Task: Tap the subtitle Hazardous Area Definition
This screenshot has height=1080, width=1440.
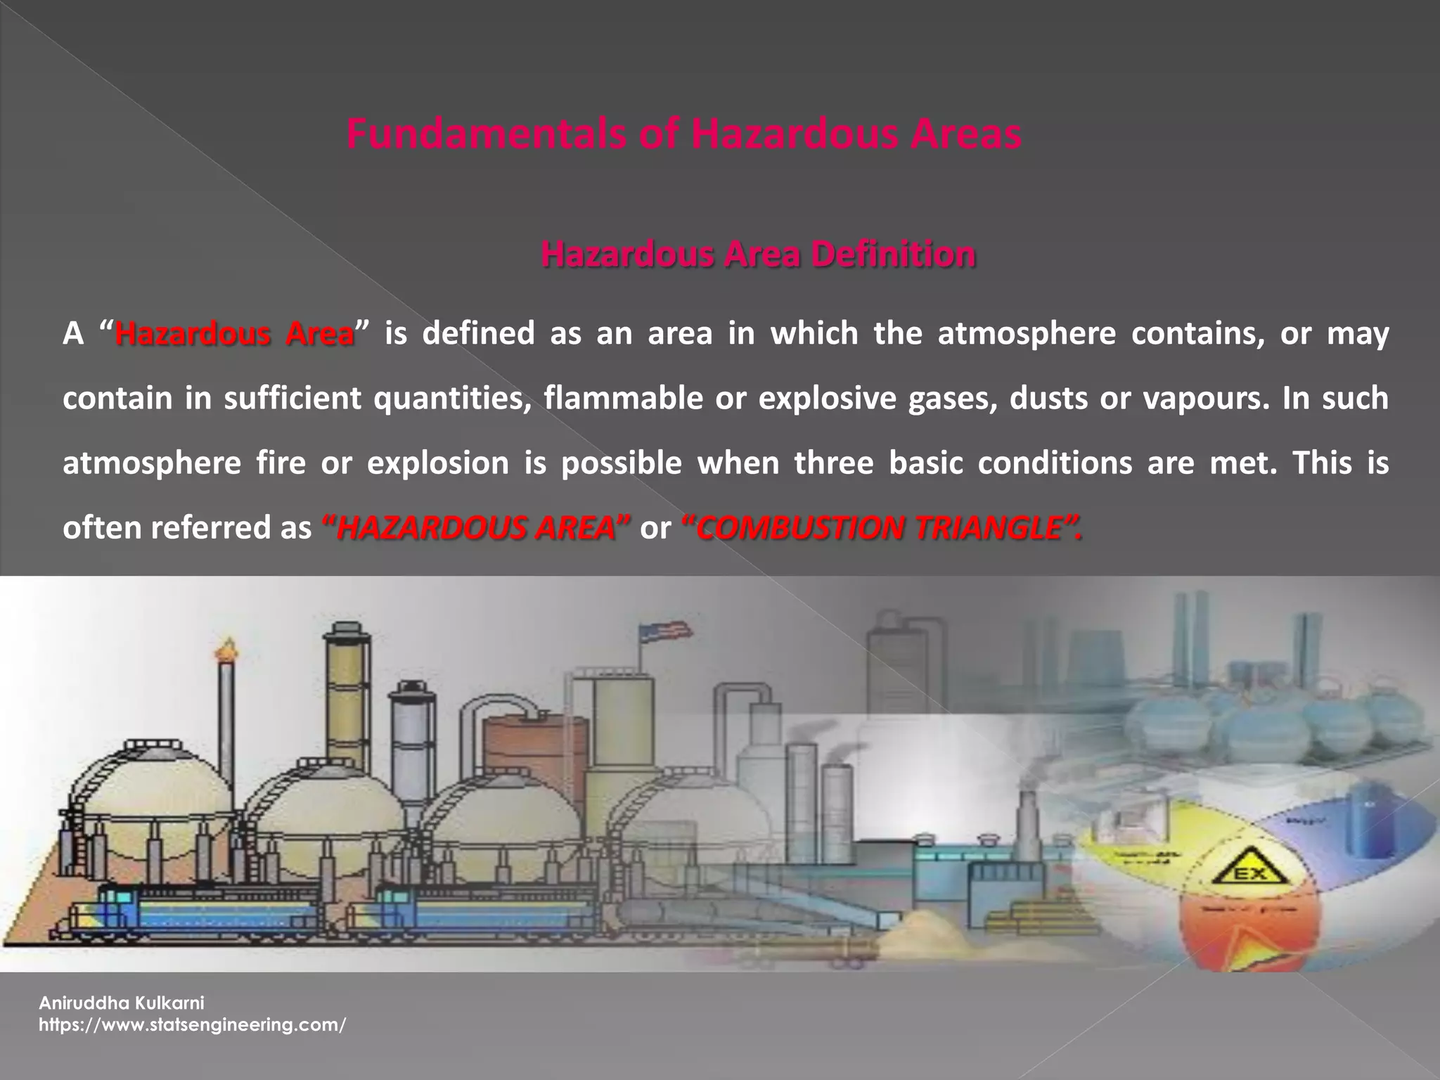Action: (758, 255)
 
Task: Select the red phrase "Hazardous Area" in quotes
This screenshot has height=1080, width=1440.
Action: (235, 333)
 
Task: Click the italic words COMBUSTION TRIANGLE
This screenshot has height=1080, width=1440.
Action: (882, 528)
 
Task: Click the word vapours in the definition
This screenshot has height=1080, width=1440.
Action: (1203, 398)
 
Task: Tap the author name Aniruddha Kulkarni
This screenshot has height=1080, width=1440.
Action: (121, 1003)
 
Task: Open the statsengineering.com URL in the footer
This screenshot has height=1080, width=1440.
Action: (192, 1025)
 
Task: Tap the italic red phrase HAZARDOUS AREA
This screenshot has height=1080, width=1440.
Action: (476, 528)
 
